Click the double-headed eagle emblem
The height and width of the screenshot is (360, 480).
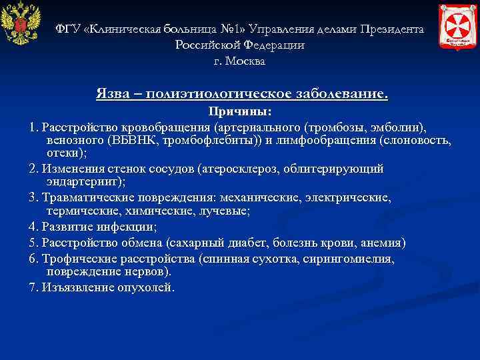click(x=21, y=27)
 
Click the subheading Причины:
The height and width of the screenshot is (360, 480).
click(x=240, y=111)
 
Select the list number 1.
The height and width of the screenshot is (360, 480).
click(x=33, y=127)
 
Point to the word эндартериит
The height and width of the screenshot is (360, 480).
click(x=84, y=182)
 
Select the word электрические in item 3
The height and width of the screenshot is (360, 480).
click(x=354, y=197)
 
